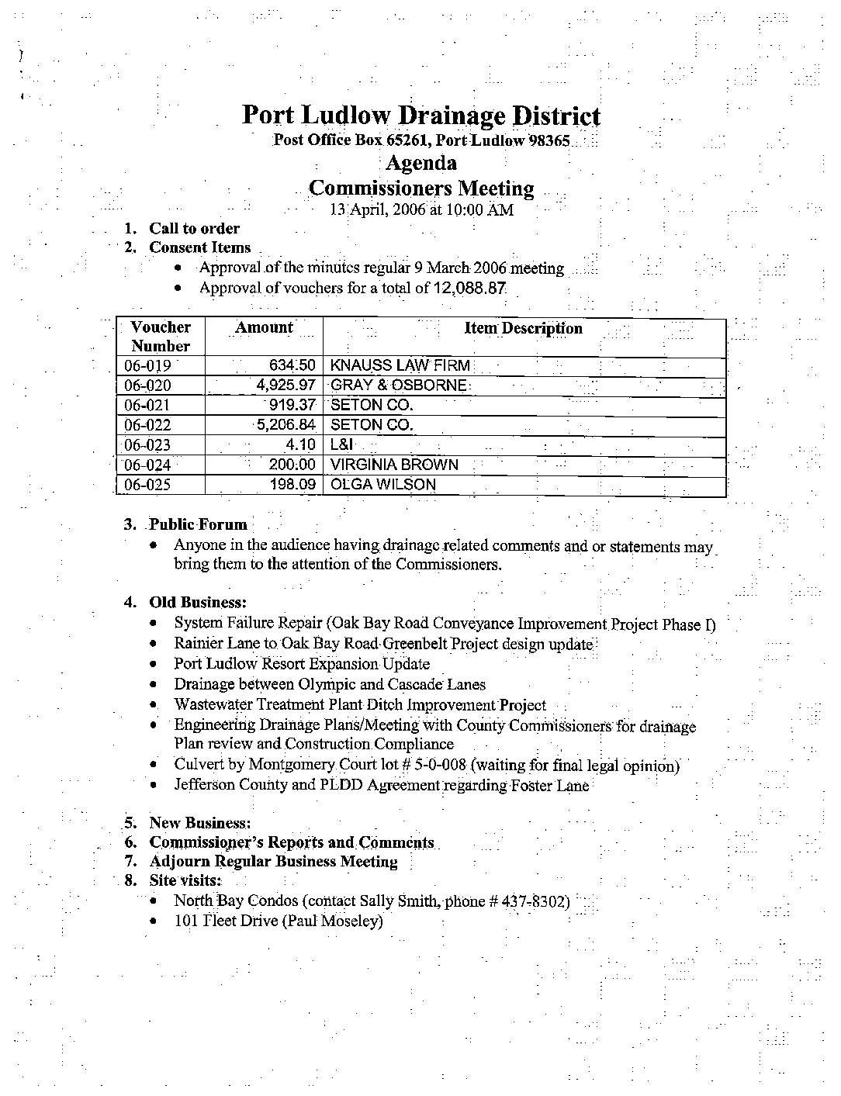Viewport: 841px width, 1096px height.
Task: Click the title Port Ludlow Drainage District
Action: tap(420, 116)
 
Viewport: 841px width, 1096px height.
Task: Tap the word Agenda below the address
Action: tap(420, 163)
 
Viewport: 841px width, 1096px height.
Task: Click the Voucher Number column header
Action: tap(161, 337)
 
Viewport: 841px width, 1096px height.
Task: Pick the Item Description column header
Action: tap(523, 328)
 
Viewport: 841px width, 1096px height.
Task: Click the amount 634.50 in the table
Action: tap(292, 365)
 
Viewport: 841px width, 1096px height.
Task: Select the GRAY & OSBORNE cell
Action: tap(399, 386)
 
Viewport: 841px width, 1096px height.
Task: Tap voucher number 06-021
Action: tap(147, 406)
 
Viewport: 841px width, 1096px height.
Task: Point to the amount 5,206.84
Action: tap(287, 425)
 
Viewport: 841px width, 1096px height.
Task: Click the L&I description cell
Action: tap(342, 445)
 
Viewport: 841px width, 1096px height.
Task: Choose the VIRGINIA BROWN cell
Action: tap(394, 465)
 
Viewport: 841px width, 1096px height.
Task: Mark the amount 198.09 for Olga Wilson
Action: tap(292, 485)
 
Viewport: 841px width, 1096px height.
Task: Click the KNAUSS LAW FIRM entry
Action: tap(400, 365)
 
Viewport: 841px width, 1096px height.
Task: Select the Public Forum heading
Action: tap(198, 524)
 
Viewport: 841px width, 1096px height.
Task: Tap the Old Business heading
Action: tap(198, 603)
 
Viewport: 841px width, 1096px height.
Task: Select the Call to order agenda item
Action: tap(194, 228)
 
